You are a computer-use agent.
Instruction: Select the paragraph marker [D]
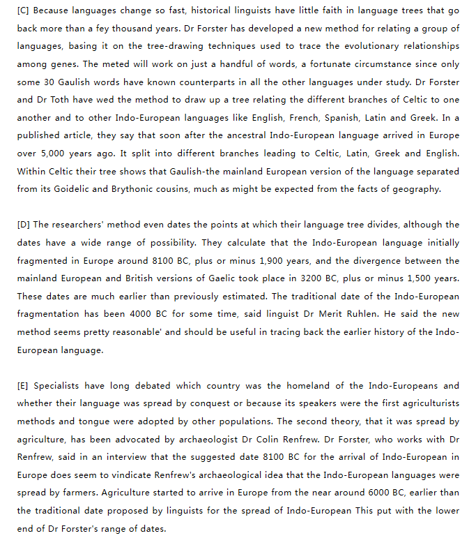[24, 225]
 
